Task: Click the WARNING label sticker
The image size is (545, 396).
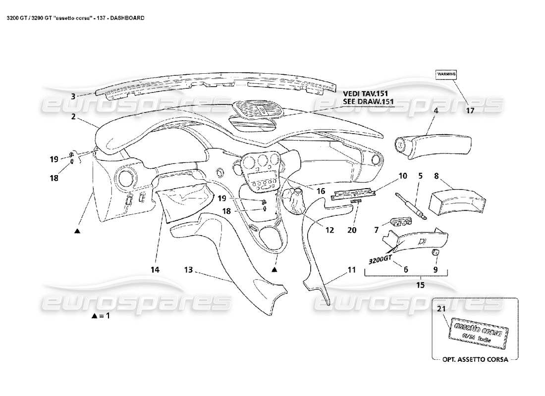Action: point(446,74)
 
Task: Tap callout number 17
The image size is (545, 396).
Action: point(470,111)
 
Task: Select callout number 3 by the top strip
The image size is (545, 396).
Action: point(73,97)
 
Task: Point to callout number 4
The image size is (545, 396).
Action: point(436,111)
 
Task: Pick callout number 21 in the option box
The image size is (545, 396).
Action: point(441,309)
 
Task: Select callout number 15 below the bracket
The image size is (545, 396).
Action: point(421,285)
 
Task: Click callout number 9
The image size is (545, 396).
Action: point(436,270)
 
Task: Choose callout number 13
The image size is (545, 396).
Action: point(188,270)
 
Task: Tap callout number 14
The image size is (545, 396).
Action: point(155,270)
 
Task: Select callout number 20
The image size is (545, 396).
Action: point(352,230)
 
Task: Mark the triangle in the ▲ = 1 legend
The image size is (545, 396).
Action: point(95,316)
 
